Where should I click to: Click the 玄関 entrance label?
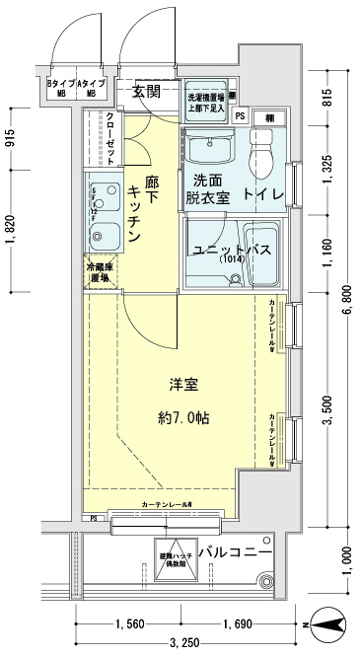(147, 92)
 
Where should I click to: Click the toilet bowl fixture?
(262, 153)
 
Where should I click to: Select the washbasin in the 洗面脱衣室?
(208, 151)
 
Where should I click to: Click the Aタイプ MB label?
(94, 89)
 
